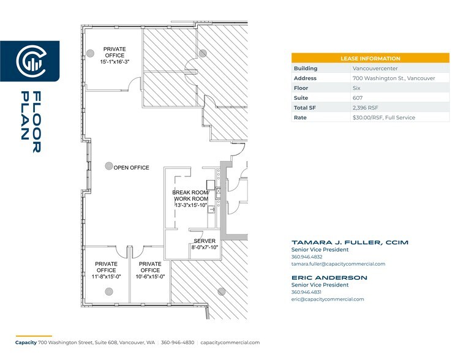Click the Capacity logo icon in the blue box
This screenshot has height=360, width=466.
tap(29, 61)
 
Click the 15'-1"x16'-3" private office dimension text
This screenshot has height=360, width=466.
tap(115, 62)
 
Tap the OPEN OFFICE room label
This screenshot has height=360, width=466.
tap(131, 168)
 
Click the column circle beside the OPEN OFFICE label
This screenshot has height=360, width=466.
tap(108, 166)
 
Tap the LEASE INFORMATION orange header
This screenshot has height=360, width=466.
tap(370, 58)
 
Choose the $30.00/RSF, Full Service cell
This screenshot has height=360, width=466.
tap(383, 118)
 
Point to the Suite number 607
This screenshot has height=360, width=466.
tap(358, 98)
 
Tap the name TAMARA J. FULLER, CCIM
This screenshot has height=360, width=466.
tap(350, 242)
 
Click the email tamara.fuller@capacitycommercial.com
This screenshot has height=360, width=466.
tap(338, 264)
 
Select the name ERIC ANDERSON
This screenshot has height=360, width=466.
tap(329, 278)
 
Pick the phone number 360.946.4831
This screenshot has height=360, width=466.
tap(307, 292)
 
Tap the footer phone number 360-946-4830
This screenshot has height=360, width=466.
tap(178, 342)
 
